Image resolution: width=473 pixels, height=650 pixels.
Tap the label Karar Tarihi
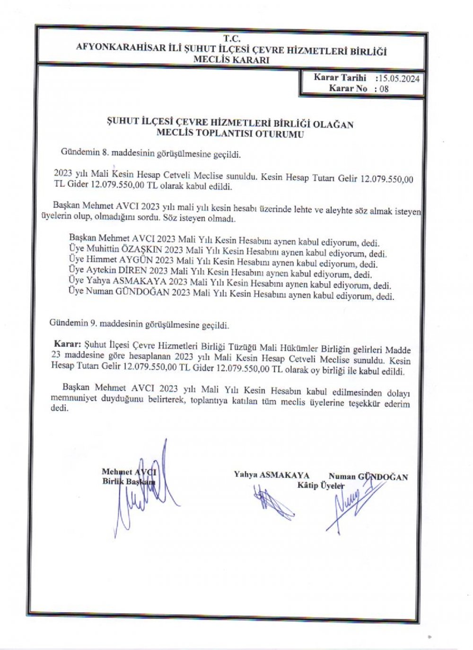click(340, 78)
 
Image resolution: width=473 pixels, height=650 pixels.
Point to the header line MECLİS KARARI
click(232, 60)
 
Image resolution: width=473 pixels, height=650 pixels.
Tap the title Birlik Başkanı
click(128, 482)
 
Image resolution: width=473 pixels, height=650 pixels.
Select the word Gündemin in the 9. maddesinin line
click(68, 325)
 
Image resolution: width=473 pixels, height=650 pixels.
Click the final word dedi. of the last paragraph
click(59, 409)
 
